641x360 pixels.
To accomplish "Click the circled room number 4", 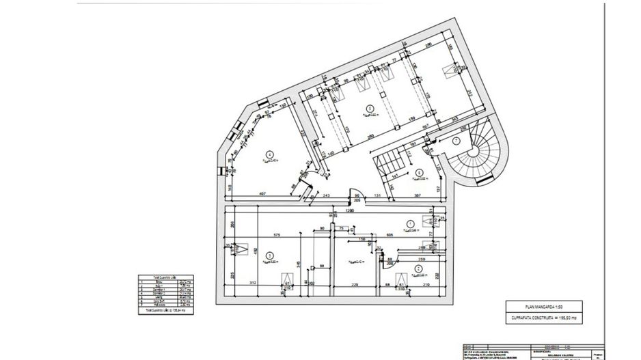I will [x=269, y=154].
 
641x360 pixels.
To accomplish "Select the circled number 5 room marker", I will [x=368, y=108].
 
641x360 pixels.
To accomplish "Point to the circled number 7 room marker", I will [x=456, y=141].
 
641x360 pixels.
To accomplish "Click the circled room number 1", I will [x=410, y=223].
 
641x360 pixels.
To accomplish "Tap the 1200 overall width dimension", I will [x=349, y=210].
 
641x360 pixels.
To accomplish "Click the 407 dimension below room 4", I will [x=262, y=195].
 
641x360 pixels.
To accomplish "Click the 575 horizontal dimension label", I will [x=277, y=235].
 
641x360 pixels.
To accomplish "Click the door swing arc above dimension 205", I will [x=356, y=194].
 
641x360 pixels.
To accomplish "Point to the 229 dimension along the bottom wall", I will [x=355, y=284].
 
